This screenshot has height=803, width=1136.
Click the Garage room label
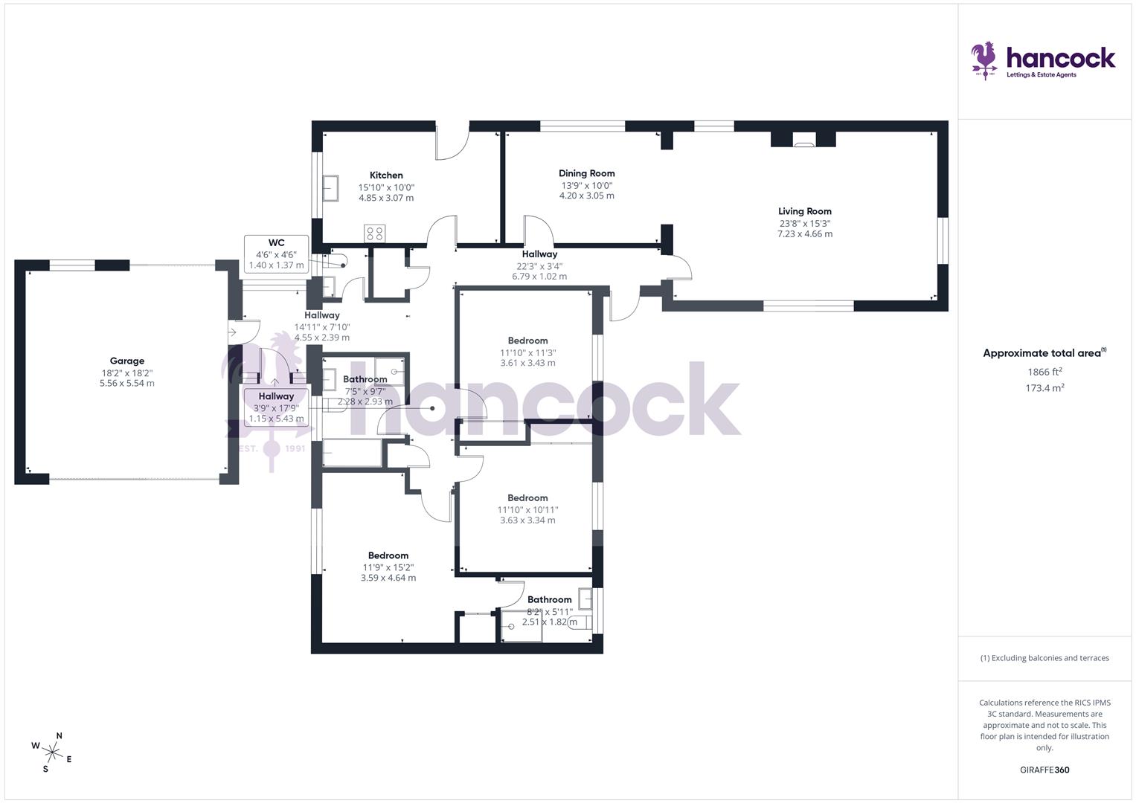(x=126, y=361)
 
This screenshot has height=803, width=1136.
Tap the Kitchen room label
(x=386, y=175)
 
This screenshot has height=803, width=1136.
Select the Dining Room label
(x=586, y=173)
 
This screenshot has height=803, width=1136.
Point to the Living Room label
(x=804, y=211)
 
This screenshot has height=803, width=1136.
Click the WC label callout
(x=276, y=243)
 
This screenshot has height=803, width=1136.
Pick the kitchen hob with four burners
(x=374, y=233)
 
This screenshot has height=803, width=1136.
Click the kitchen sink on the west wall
(x=330, y=188)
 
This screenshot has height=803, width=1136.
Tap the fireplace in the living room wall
(x=803, y=140)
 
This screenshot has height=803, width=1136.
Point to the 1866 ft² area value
(x=1044, y=372)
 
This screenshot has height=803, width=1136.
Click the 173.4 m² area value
(x=1044, y=388)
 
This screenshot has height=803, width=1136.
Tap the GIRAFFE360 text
(x=1044, y=770)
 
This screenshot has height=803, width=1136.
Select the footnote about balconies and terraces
(x=1044, y=658)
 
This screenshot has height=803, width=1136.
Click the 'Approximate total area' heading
(x=1044, y=353)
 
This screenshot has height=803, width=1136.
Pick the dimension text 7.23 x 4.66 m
(x=804, y=234)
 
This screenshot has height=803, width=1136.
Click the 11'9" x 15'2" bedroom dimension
(x=388, y=567)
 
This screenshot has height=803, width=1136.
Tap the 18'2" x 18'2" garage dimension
(x=126, y=373)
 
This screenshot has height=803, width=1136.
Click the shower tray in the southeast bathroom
(x=522, y=625)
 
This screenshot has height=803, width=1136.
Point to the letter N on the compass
(x=60, y=736)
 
